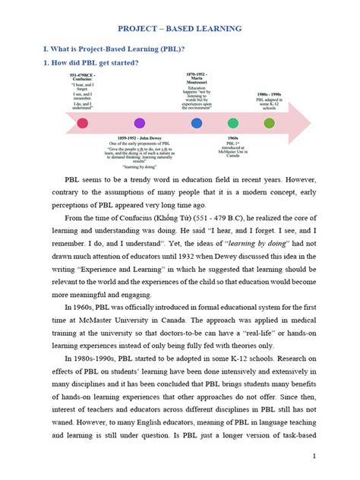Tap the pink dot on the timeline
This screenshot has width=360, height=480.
pos(83,123)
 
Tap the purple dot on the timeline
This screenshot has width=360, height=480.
pos(140,123)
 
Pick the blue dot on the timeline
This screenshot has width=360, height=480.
pos(197,123)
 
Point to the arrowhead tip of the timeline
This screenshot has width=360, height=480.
pos(311,122)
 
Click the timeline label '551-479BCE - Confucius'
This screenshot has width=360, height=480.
pos(83,80)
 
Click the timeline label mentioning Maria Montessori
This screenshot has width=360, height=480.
pos(197,79)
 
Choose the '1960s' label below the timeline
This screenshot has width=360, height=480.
pos(233,137)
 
